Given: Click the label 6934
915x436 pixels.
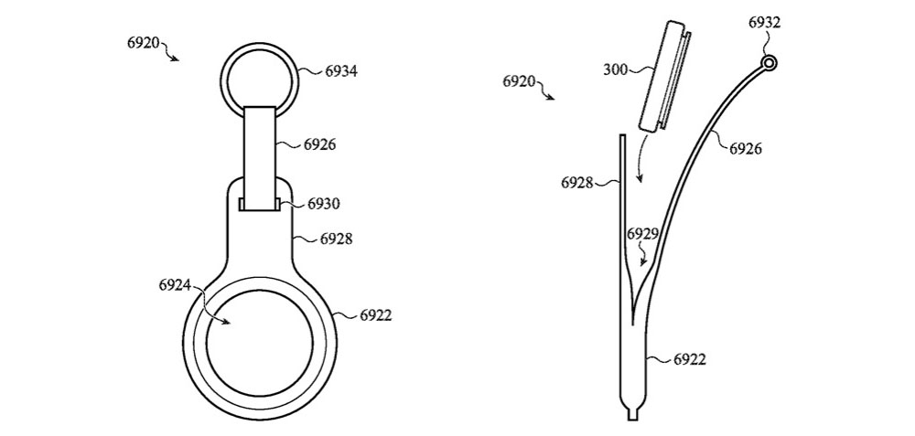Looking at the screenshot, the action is [x=341, y=71].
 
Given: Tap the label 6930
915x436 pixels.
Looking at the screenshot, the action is [x=323, y=204].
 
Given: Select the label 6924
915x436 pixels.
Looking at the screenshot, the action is [x=175, y=285].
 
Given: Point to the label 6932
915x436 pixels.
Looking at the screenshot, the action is [x=764, y=23].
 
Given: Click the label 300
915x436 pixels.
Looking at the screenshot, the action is [x=615, y=70].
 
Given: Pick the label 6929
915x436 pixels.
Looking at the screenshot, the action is [x=642, y=234].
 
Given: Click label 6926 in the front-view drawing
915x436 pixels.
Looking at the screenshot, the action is [x=319, y=144].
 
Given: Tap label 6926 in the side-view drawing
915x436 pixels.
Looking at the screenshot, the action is [x=746, y=149].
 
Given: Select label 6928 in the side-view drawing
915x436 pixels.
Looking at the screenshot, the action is [x=577, y=183].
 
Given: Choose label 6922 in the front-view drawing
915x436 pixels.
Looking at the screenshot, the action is [x=376, y=316].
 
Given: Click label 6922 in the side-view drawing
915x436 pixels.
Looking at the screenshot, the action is [x=690, y=360].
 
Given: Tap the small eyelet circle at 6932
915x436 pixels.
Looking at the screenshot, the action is [x=770, y=62].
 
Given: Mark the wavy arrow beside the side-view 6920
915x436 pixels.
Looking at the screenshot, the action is [x=544, y=90].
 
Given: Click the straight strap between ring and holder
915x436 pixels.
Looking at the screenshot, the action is [x=260, y=157].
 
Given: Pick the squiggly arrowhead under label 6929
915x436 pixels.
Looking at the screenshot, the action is [x=643, y=261].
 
